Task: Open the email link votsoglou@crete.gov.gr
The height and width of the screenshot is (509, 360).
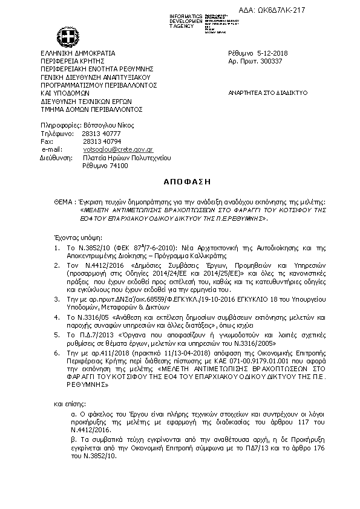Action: [x=117, y=149]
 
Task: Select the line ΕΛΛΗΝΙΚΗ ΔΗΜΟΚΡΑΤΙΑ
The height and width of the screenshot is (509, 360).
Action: [x=77, y=53]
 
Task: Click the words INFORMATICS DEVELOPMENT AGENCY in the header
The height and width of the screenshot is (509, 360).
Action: [x=186, y=21]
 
